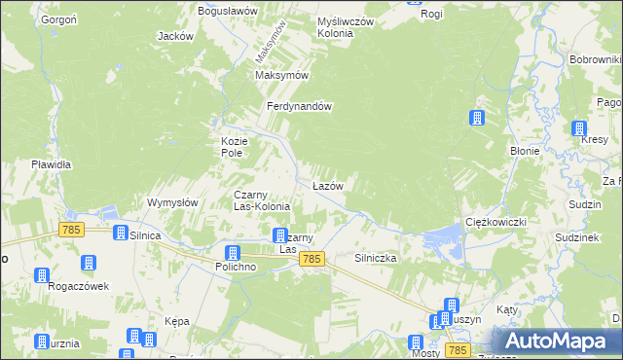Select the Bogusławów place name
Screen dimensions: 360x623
tap(227, 10)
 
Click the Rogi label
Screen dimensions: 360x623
tap(431, 14)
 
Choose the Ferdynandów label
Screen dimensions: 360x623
tap(302, 107)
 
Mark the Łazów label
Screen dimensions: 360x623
tap(327, 185)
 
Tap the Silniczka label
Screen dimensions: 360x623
tap(375, 258)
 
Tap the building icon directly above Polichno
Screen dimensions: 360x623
tap(233, 253)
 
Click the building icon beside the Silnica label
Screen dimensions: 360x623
tap(121, 234)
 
